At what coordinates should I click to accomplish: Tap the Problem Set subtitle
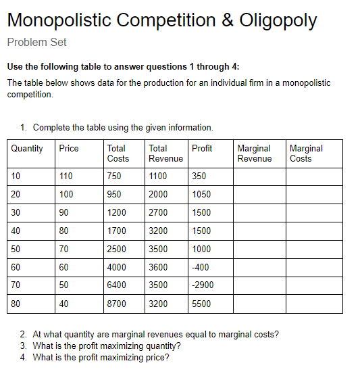(36, 42)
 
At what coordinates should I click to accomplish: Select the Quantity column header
(27, 149)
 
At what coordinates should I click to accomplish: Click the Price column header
(68, 149)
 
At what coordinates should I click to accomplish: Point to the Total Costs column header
(118, 153)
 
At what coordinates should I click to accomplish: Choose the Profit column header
(202, 149)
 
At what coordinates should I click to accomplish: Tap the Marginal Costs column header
(305, 153)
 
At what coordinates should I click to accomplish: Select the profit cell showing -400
(201, 267)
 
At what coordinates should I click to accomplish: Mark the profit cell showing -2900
(203, 285)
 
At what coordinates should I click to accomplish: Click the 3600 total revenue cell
(159, 267)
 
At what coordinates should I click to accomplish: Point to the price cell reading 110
(66, 176)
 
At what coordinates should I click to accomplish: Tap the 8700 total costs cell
(116, 304)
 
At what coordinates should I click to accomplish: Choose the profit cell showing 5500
(201, 304)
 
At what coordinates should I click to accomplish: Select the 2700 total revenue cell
(159, 212)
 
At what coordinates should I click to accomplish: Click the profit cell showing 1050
(201, 194)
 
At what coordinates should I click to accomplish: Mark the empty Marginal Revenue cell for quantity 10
(259, 176)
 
